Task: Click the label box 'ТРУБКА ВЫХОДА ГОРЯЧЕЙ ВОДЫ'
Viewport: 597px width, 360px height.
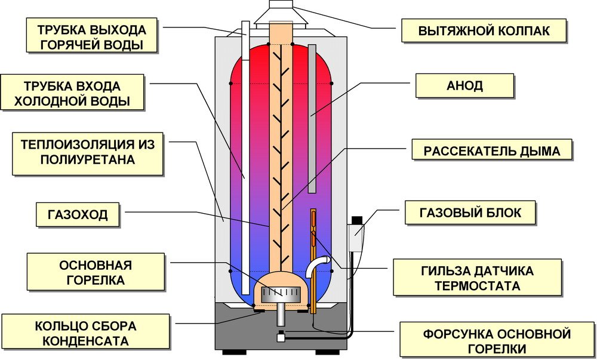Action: [x=91, y=37]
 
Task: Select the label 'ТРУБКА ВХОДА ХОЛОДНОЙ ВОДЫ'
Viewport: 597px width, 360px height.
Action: [x=72, y=93]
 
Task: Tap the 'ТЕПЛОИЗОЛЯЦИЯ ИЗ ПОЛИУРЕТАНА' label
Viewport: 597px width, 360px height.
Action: [x=87, y=152]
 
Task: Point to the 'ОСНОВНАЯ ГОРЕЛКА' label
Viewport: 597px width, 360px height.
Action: [x=96, y=272]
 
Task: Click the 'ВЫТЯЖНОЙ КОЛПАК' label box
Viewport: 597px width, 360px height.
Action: [x=484, y=30]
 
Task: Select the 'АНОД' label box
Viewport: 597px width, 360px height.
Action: [x=464, y=85]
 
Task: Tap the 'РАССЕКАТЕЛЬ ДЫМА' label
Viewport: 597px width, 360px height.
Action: [x=492, y=151]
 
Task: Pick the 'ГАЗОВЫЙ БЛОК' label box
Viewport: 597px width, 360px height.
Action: [x=470, y=212]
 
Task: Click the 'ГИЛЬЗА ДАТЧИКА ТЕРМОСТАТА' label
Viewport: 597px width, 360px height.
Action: [x=476, y=278]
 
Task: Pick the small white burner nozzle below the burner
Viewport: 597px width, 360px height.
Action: [x=279, y=336]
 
